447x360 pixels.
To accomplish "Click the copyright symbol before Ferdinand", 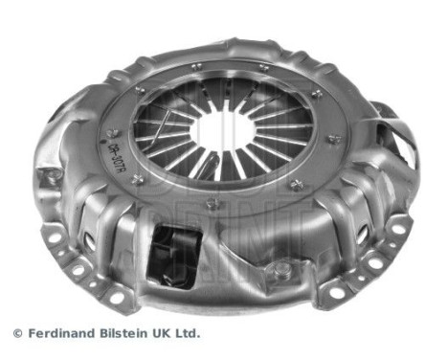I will click(x=16, y=334).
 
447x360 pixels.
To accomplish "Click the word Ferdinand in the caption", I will click(x=59, y=334).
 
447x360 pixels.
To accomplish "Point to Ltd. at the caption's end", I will click(x=189, y=334).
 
